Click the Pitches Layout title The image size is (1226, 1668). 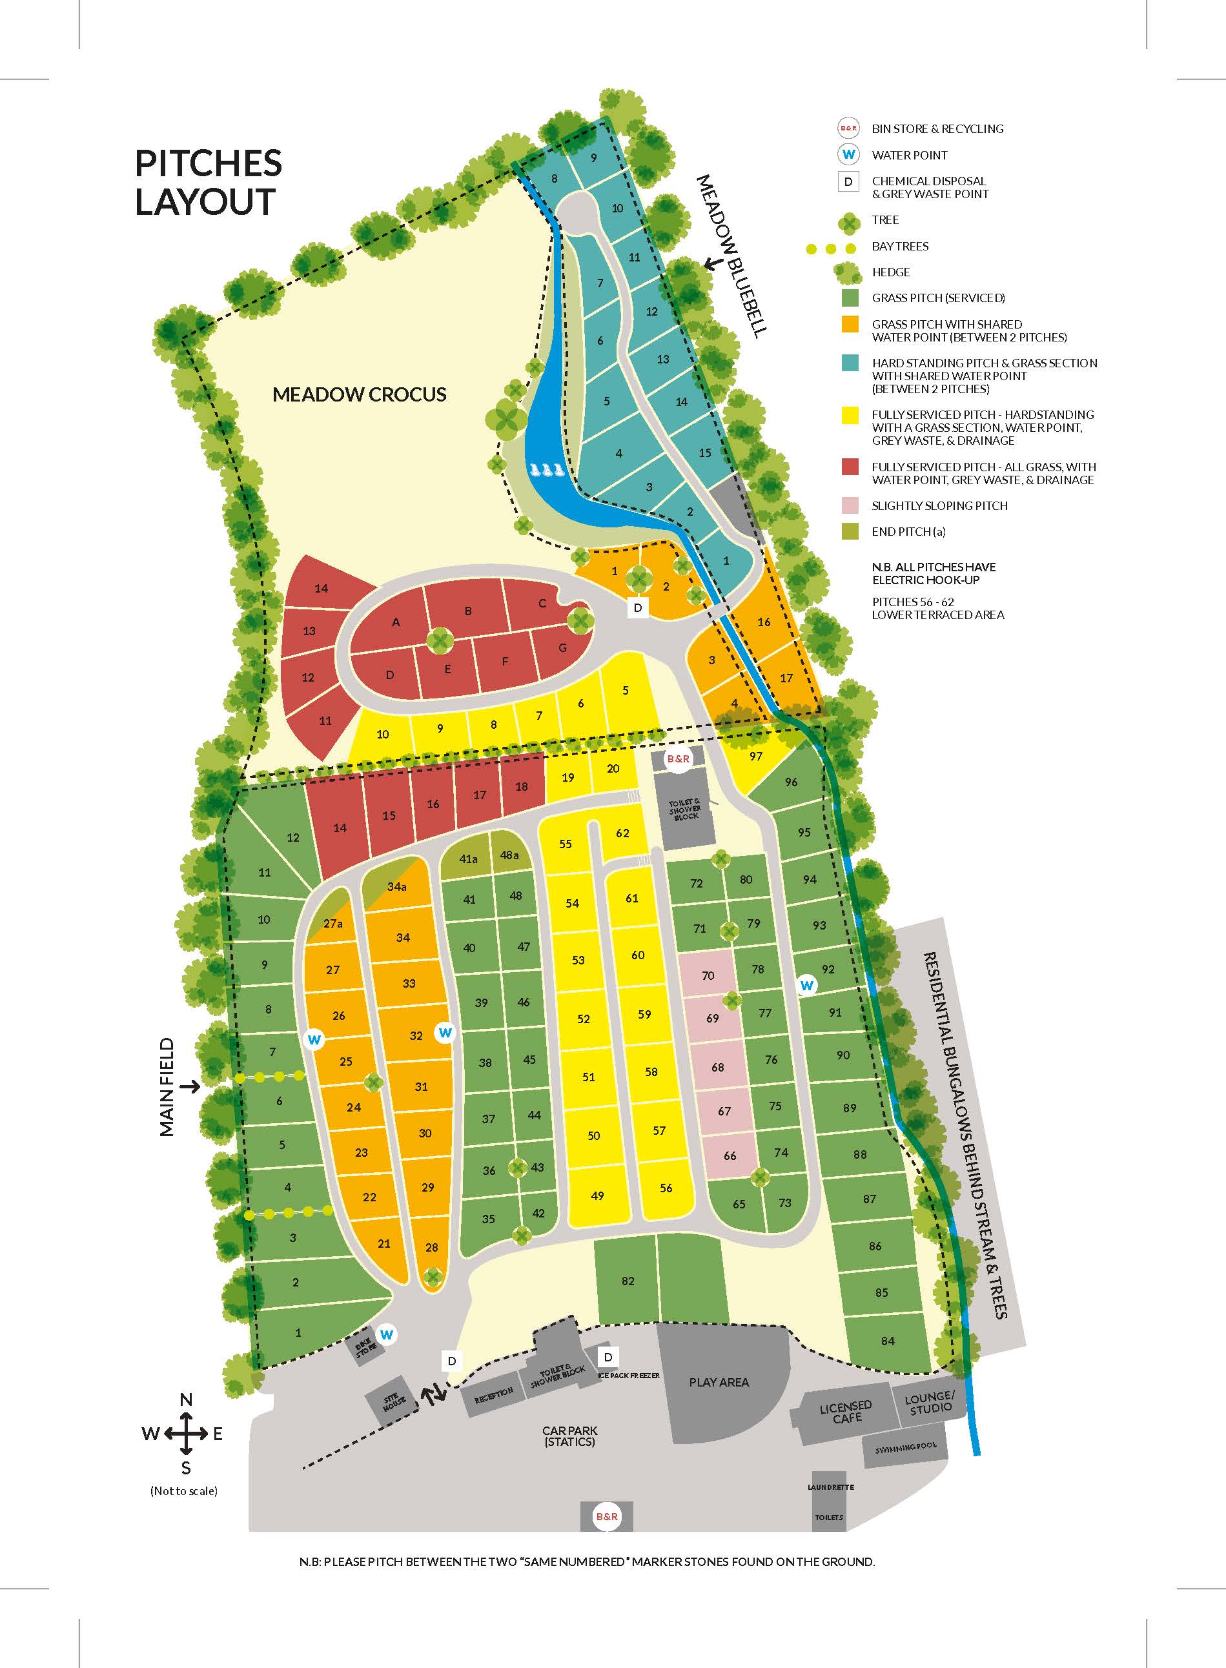tap(208, 183)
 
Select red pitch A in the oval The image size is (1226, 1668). tap(396, 622)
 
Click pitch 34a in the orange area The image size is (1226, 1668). tap(397, 887)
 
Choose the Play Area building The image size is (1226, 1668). tap(719, 1382)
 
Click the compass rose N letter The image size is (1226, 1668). tap(187, 1399)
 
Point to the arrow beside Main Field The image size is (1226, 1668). tap(190, 1086)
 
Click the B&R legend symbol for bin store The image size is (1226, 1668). tap(848, 128)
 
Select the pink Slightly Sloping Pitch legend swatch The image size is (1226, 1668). tap(850, 505)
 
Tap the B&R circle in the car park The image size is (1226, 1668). tap(606, 1517)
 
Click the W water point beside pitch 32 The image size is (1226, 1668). tap(445, 1032)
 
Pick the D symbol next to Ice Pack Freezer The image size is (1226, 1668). tap(608, 1357)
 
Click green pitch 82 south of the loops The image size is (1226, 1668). tap(628, 1281)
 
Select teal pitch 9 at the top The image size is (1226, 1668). tap(594, 158)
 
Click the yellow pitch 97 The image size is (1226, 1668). tap(755, 757)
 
